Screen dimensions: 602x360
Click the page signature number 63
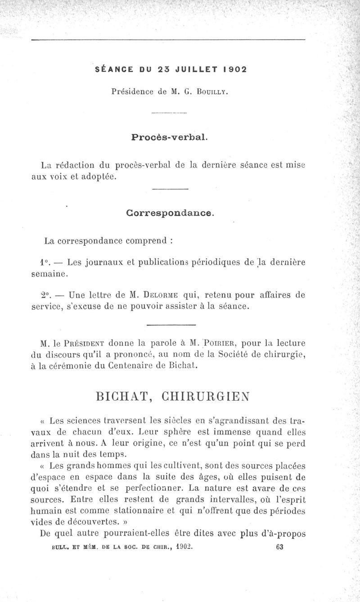click(x=279, y=547)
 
